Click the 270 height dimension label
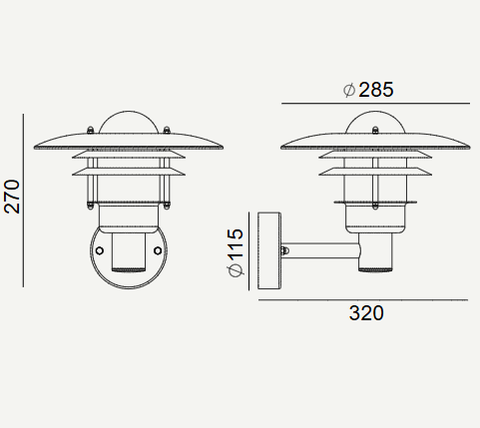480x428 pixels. coord(12,197)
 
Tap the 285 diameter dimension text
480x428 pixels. coord(376,90)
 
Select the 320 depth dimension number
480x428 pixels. coord(366,313)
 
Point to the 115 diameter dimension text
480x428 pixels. coord(236,244)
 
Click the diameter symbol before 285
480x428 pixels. coord(349,90)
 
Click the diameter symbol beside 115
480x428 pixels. coord(236,270)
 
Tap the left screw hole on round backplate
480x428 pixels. coord(100,250)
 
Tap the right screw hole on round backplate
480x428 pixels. coord(158,250)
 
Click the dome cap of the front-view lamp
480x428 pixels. coord(129,122)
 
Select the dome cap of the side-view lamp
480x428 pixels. coord(375,122)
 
